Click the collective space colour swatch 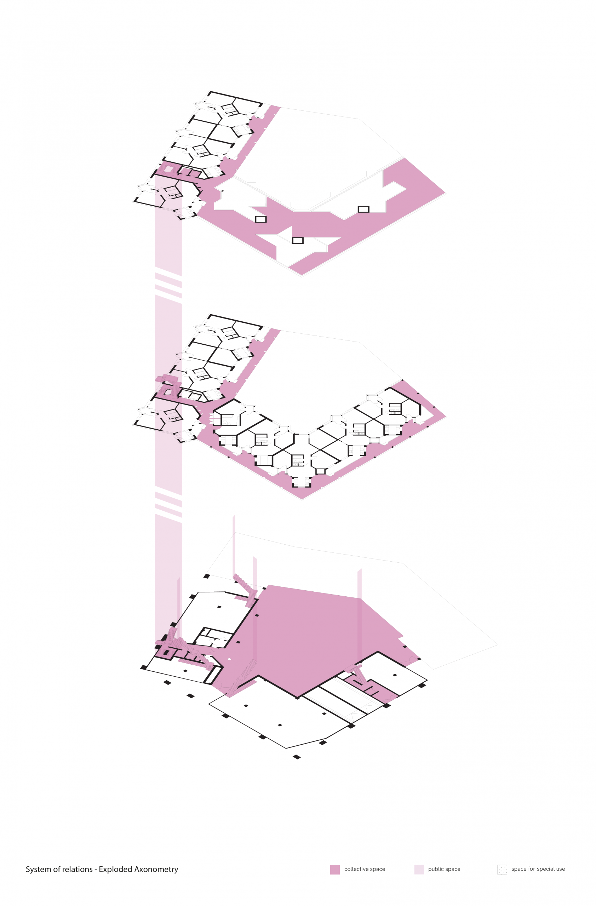pos(335,870)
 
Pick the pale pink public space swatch pos(419,870)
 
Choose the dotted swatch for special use pos(502,870)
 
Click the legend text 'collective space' pos(365,869)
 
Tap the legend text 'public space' pos(444,869)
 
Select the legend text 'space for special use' pos(538,869)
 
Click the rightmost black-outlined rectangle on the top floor pos(363,209)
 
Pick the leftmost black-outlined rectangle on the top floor pos(261,219)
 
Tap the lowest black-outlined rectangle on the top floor pos(298,241)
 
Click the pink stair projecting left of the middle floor pos(166,378)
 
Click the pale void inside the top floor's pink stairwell pos(168,169)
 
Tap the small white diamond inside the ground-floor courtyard pos(229,659)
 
